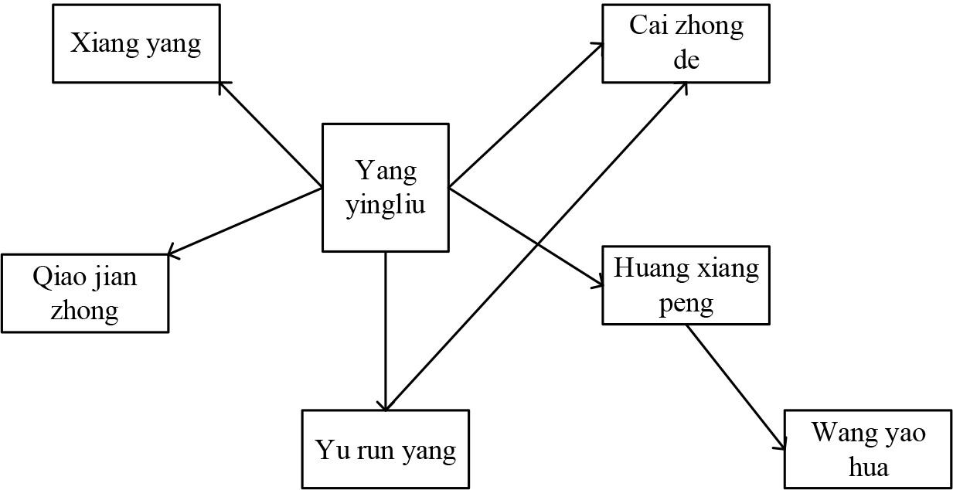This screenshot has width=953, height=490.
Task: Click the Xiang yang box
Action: point(136,43)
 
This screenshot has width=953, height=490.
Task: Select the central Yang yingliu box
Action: point(385,188)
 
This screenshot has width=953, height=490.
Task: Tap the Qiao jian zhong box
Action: point(85,293)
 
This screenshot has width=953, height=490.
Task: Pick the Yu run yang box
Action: point(385,449)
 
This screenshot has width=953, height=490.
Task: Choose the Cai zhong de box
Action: point(686,43)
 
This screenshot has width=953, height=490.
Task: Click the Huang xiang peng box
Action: point(686,285)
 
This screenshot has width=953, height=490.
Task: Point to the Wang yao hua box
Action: point(867,449)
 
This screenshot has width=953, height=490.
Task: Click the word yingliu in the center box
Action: point(386,206)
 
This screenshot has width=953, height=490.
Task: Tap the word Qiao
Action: point(57,276)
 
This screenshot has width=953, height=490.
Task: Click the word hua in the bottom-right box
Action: point(867,467)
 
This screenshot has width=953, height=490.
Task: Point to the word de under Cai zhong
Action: point(686,60)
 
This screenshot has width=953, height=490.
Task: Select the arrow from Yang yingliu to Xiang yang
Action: point(271,134)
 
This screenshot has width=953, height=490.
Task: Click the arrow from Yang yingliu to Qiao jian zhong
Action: point(244,221)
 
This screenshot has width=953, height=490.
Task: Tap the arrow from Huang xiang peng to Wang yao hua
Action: point(734,386)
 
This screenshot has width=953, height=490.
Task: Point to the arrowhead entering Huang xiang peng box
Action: point(597,284)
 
